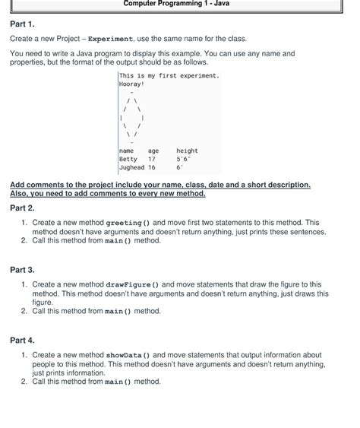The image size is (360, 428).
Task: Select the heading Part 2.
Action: click(22, 208)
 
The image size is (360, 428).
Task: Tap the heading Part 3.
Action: click(22, 270)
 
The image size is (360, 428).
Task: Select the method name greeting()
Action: click(126, 223)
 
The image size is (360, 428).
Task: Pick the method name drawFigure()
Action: click(131, 284)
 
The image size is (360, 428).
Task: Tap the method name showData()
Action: click(128, 355)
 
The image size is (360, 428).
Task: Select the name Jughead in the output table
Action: click(132, 168)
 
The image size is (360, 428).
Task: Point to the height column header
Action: click(187, 151)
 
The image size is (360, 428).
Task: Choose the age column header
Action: click(154, 151)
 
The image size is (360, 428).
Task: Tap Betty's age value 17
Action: click(152, 160)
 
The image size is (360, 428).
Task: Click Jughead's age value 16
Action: click(152, 168)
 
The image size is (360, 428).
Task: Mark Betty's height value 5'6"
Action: click(183, 160)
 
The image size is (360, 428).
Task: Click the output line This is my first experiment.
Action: click(169, 76)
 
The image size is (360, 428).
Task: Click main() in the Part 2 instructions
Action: click(118, 240)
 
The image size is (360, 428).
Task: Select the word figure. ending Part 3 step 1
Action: click(43, 302)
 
